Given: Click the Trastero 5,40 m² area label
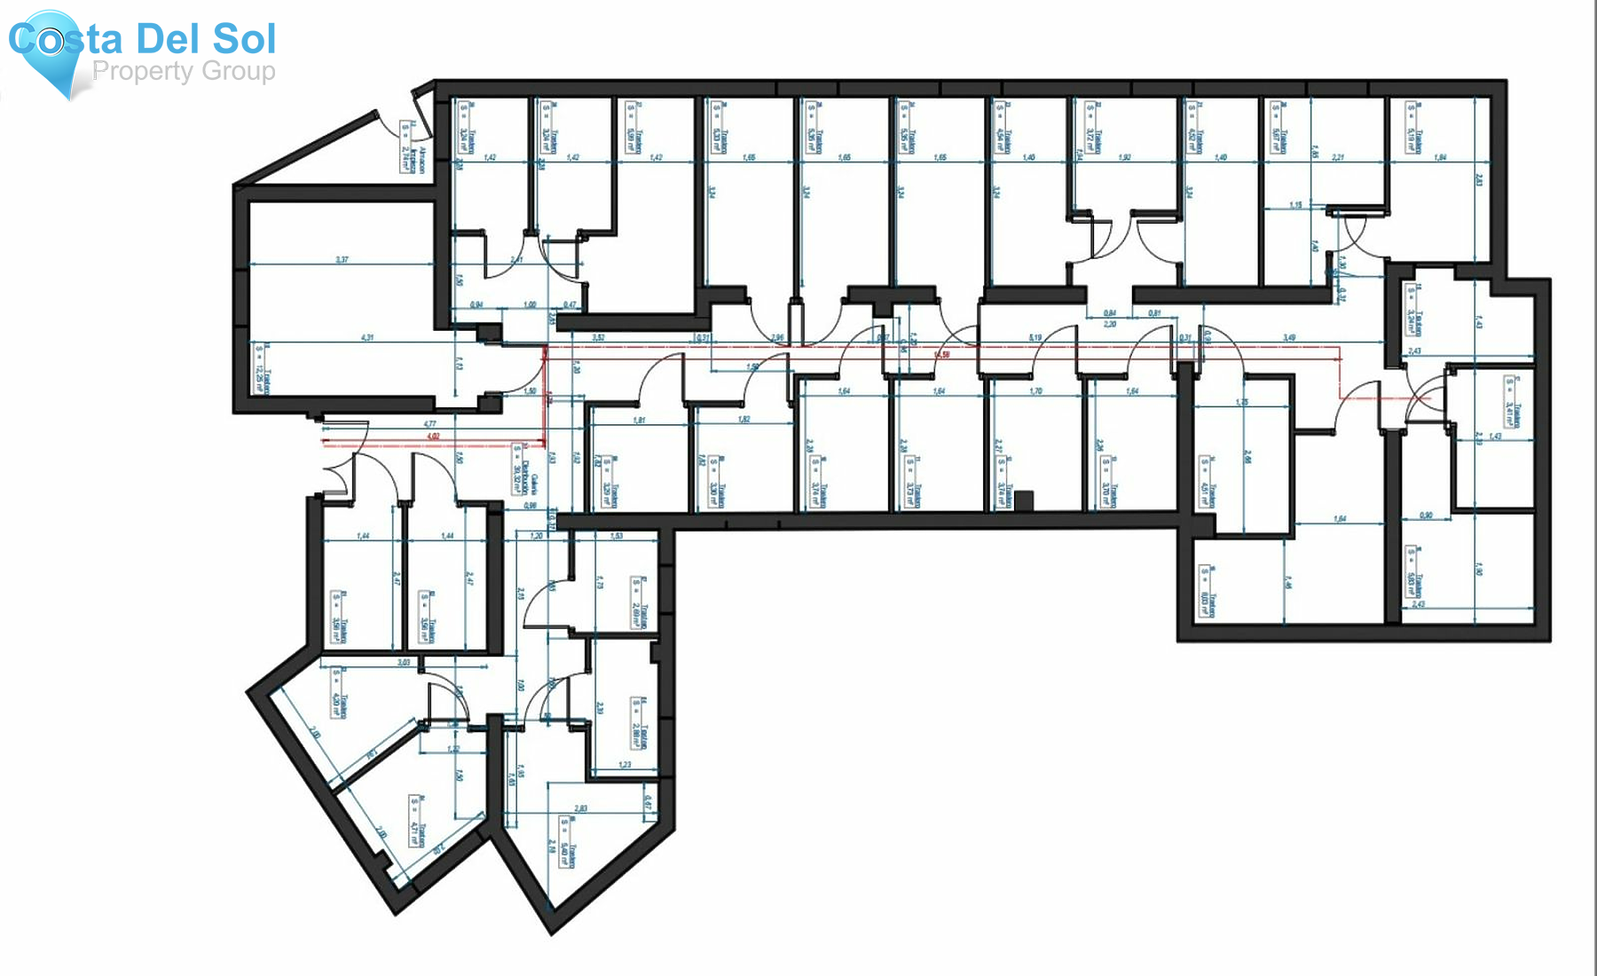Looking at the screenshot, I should coord(569,842).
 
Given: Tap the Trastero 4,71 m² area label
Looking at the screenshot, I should coord(417,821).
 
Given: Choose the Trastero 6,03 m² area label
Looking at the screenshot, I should coord(1208,591).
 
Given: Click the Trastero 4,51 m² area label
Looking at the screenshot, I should coord(1208,484).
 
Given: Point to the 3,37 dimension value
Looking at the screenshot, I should coord(342,260).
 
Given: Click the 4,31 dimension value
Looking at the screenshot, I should coord(368,338).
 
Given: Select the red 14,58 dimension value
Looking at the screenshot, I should coord(942,356).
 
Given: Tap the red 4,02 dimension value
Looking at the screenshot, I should coord(433,437).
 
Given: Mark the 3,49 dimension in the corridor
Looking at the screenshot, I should coord(1289,338).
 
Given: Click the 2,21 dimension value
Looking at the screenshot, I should coord(1339,157).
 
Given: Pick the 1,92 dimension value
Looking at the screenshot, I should coord(1125,157).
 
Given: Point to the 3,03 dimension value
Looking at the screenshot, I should coord(404,663).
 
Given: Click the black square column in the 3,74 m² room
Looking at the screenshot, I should coord(1024,501).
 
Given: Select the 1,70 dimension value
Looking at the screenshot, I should coord(1035,391).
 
